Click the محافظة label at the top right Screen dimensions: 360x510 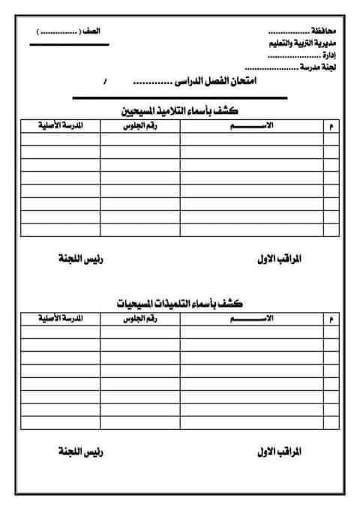pyautogui.click(x=325, y=34)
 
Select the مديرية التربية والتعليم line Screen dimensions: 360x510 pyautogui.click(x=303, y=45)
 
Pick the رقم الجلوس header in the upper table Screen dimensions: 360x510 pyautogui.click(x=140, y=125)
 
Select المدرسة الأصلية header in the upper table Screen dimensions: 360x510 pyautogui.click(x=61, y=125)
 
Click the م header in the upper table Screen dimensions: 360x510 pyautogui.click(x=331, y=126)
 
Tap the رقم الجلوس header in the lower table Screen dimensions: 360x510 pyautogui.click(x=140, y=319)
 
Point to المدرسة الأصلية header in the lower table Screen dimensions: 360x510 pyautogui.click(x=61, y=319)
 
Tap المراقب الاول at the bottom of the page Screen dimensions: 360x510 pyautogui.click(x=277, y=453)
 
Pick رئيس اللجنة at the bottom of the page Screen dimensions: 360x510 pyautogui.click(x=80, y=453)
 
